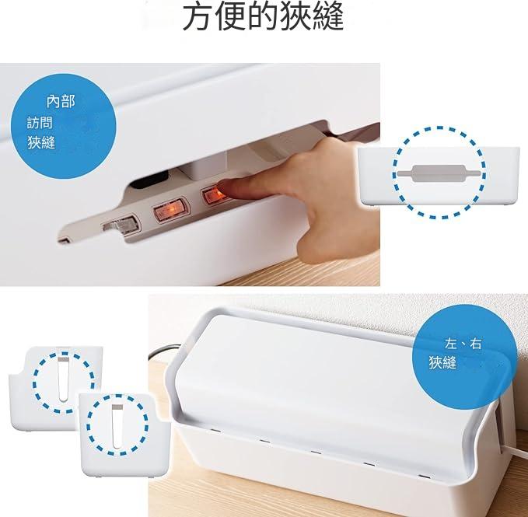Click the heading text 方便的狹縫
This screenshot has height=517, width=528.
point(263,17)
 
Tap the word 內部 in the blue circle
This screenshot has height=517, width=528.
point(61,101)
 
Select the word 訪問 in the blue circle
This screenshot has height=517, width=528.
point(40,123)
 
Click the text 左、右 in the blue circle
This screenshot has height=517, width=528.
point(463,344)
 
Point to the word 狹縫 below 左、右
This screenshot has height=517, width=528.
point(442,363)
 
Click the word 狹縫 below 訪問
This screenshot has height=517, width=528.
point(41,142)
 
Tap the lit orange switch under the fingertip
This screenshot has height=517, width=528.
point(214,195)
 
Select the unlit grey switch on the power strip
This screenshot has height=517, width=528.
point(121,225)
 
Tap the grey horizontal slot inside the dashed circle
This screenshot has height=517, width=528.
point(439,173)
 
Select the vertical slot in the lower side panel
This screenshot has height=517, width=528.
point(117,427)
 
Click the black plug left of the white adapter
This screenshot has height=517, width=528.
point(149,180)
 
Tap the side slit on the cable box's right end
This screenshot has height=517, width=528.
point(501,428)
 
